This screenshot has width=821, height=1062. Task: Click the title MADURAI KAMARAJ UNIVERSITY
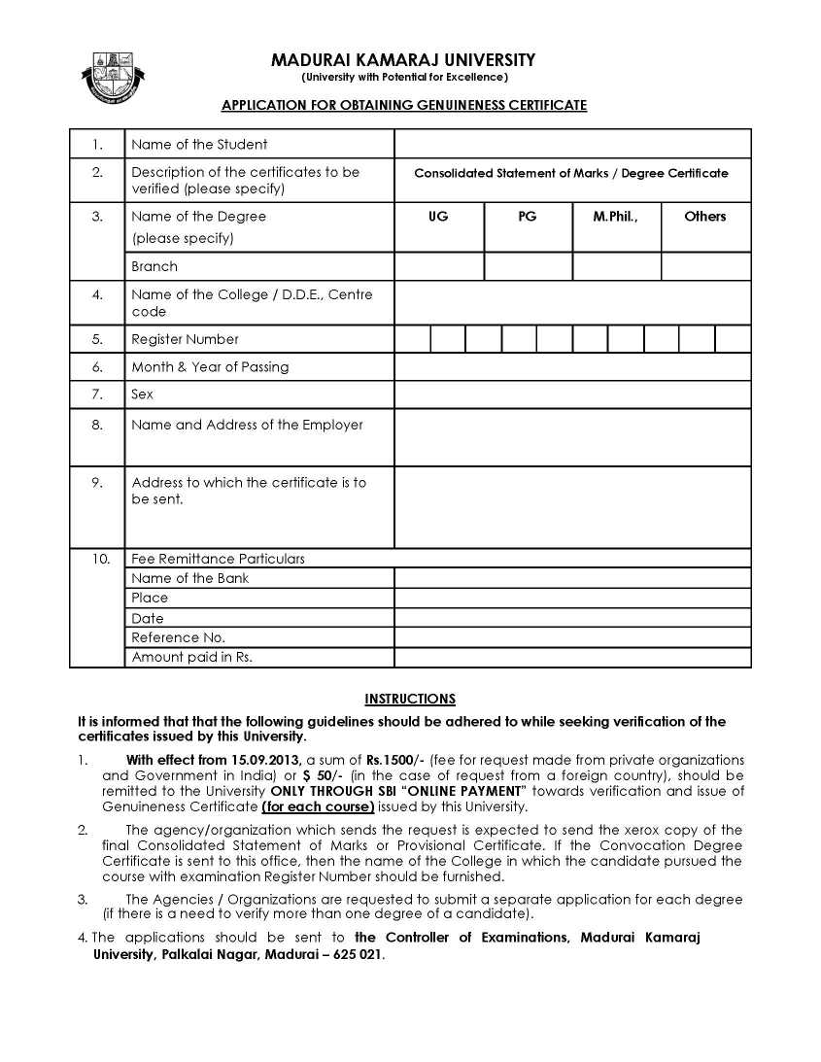(403, 60)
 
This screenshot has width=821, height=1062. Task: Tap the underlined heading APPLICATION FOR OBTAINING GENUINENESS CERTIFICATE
(404, 105)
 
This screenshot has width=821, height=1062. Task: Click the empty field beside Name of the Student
(571, 144)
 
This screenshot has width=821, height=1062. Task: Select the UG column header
(438, 217)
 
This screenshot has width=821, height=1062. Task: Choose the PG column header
(528, 217)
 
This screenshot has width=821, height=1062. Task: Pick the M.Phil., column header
(616, 217)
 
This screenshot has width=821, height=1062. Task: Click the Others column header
(704, 217)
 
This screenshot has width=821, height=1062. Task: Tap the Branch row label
(154, 266)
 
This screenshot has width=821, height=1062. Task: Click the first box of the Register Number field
(412, 339)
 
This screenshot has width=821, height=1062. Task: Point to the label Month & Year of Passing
(210, 366)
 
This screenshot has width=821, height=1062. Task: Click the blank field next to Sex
(571, 394)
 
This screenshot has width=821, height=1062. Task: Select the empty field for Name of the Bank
(571, 578)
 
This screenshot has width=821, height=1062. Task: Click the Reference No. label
(178, 637)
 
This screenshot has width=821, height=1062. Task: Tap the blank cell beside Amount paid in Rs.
(571, 658)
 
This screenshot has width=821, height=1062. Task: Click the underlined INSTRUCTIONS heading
(409, 699)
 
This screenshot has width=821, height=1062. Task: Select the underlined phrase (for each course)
(318, 806)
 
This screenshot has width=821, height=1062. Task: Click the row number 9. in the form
(97, 482)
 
